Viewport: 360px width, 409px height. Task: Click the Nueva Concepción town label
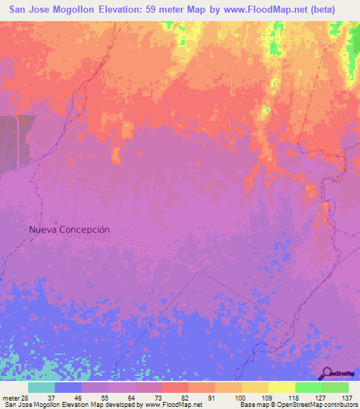point(70,229)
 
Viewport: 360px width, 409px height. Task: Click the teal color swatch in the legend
point(41,387)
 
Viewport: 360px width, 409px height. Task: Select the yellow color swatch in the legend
point(281,387)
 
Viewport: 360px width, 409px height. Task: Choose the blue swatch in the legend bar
point(68,387)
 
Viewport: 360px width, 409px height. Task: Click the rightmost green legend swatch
point(335,387)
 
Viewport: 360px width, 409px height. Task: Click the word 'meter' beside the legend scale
point(9,397)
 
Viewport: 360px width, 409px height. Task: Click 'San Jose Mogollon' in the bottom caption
point(27,405)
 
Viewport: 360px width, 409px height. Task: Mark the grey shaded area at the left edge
point(8,144)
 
